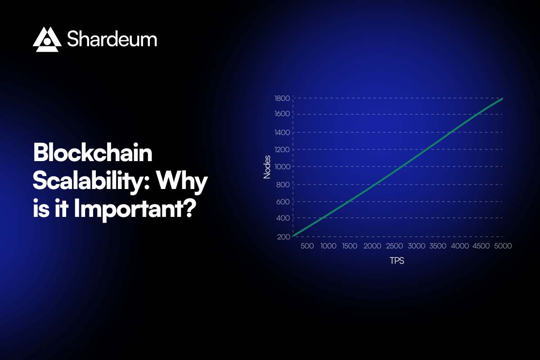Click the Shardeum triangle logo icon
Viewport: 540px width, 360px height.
tap(47, 40)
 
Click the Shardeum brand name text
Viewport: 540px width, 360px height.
tap(112, 40)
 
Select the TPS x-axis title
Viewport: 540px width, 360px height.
tap(397, 261)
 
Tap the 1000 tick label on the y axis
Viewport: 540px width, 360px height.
tap(282, 166)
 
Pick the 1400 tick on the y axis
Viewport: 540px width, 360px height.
tap(282, 132)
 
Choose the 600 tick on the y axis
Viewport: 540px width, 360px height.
tap(283, 202)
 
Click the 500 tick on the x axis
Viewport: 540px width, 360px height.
tap(307, 246)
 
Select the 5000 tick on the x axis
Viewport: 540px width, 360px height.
tap(502, 246)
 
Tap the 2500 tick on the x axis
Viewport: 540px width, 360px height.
tap(394, 246)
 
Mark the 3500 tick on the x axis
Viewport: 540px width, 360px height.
tap(437, 246)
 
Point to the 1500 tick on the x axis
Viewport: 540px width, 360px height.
tap(350, 246)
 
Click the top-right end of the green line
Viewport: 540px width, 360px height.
tap(502, 99)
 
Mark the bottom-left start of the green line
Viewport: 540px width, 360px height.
tap(293, 236)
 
